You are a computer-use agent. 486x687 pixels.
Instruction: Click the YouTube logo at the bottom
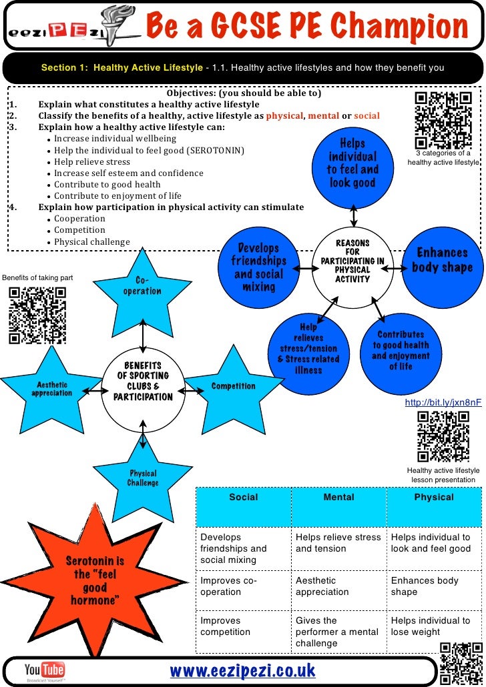44,670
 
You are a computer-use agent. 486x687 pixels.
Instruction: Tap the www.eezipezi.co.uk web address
242,670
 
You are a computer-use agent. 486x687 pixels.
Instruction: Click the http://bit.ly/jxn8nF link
443,403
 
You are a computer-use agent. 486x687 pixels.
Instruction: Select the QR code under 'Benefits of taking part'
37,315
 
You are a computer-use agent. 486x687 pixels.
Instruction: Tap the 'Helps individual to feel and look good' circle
352,163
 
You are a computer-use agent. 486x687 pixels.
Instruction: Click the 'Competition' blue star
232,386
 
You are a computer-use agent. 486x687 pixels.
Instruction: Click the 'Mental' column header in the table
338,498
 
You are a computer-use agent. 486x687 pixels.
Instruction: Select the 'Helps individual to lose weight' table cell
434,626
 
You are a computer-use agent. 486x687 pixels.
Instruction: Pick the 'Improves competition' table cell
243,626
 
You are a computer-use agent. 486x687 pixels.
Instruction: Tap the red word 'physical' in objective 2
285,115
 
